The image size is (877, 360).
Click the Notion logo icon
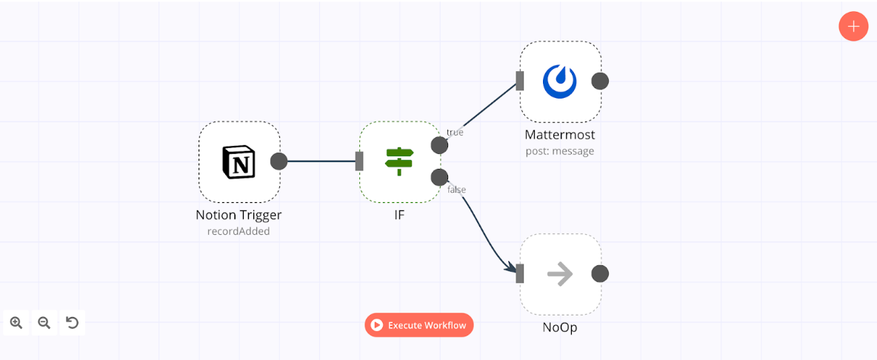[239, 161]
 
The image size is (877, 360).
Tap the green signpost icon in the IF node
[399, 161]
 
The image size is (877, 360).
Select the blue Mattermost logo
[559, 81]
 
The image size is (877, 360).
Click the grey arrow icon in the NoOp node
[559, 274]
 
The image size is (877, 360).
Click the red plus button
[853, 27]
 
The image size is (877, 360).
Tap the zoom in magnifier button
[16, 322]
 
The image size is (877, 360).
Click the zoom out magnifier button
[44, 322]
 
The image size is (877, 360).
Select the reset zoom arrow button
[72, 322]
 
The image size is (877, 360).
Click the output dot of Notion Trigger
[279, 161]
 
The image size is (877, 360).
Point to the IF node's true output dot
[439, 145]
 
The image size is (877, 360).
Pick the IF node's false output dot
[439, 177]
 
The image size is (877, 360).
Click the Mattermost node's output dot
[600, 81]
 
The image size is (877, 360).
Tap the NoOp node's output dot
[600, 274]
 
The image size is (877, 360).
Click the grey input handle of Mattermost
[520, 81]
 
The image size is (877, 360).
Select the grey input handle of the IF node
[359, 161]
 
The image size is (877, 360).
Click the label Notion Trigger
[239, 215]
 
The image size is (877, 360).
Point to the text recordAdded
[239, 231]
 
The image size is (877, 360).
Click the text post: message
[559, 151]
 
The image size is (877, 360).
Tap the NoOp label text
[559, 327]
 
